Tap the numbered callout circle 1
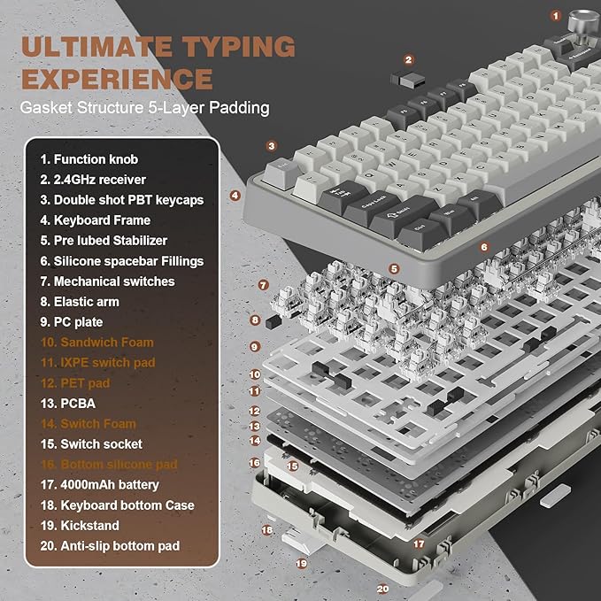point(556,15)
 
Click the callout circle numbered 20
point(382,588)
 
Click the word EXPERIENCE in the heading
point(117,79)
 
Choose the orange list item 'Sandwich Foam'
point(96,342)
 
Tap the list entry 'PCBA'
point(62,403)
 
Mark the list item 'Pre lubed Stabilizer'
point(104,240)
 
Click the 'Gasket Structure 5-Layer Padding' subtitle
point(145,109)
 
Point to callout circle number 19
point(301,562)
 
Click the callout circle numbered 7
point(263,285)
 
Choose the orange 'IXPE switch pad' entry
point(97,362)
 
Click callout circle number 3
point(272,146)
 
